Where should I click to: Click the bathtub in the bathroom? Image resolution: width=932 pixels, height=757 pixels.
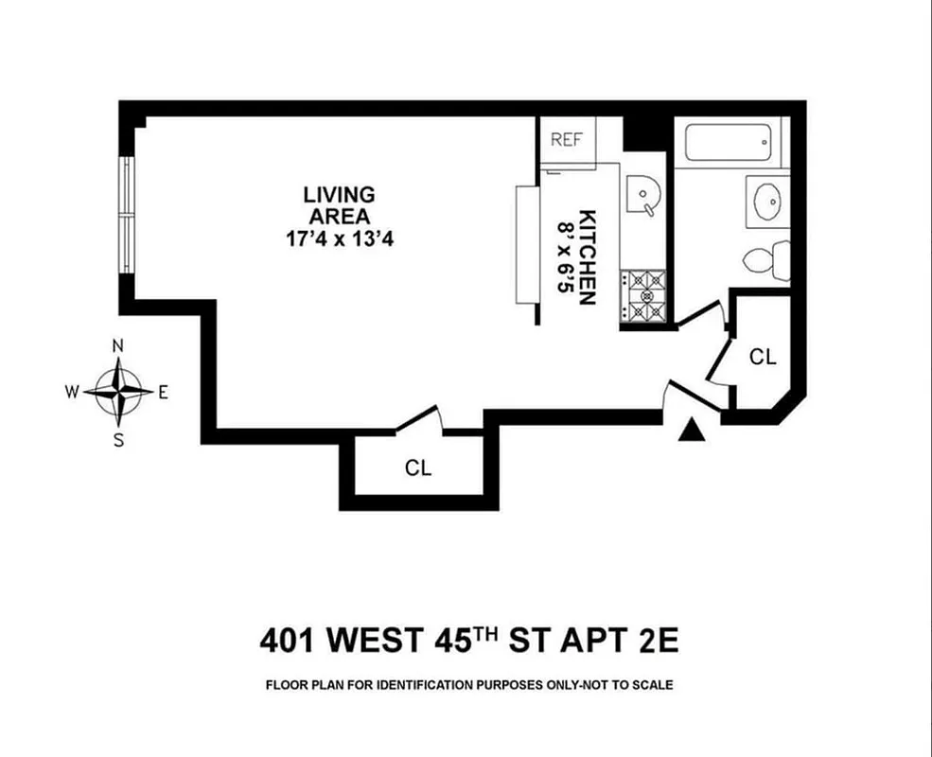tap(729, 144)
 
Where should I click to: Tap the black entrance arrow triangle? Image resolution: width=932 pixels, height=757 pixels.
tap(694, 431)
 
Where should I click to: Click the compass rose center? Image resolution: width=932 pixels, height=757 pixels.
tap(119, 391)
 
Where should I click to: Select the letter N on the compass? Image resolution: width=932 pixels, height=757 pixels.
tap(119, 345)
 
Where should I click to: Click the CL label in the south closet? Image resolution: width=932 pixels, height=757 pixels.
tap(418, 467)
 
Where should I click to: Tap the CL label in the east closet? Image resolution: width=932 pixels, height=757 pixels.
tap(762, 357)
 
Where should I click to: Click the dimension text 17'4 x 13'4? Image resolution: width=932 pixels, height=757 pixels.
tap(340, 239)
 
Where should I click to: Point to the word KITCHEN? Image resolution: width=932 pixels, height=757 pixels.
tap(587, 256)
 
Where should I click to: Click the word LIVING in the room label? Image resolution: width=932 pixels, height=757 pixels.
tap(339, 195)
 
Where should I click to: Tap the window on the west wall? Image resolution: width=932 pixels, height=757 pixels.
tap(126, 215)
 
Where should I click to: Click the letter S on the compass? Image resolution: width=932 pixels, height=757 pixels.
tap(119, 439)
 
